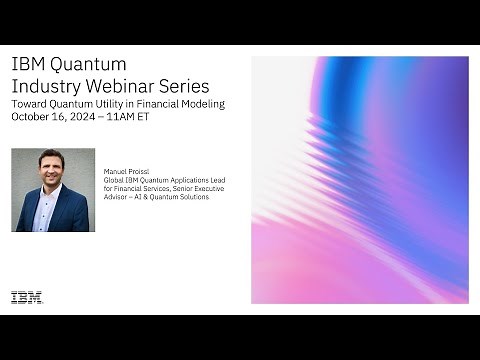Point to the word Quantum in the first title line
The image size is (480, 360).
click(81, 64)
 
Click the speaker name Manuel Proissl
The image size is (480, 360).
click(124, 172)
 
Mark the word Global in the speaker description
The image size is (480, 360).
click(114, 180)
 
